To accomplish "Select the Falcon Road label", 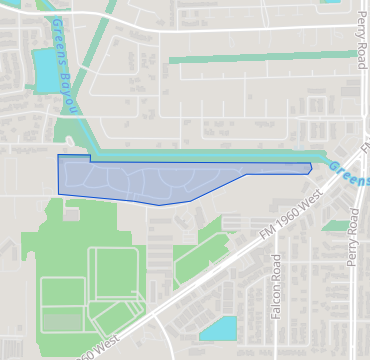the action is point(277,287).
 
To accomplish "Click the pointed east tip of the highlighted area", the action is point(311,168).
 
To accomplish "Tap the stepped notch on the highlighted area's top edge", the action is point(90,158).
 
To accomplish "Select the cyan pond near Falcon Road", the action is point(219,328).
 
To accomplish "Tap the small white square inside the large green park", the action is point(72,213).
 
